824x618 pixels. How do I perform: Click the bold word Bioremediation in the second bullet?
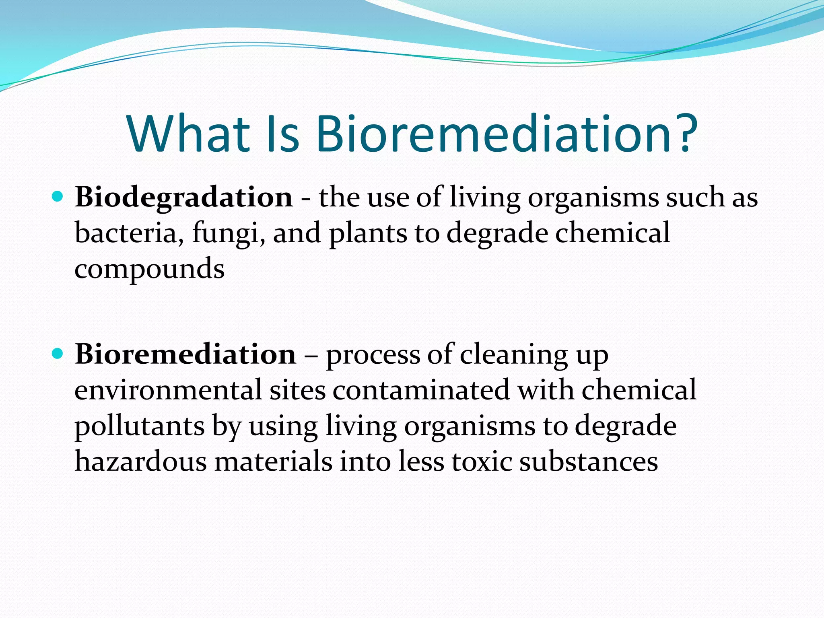click(185, 354)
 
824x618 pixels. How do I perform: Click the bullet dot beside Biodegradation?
click(58, 196)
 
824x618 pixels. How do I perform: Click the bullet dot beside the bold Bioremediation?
click(58, 354)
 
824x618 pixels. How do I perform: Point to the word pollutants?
click(140, 426)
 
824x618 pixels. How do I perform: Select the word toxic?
click(482, 461)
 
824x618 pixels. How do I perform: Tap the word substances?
click(588, 461)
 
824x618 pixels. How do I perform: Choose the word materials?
click(273, 461)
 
